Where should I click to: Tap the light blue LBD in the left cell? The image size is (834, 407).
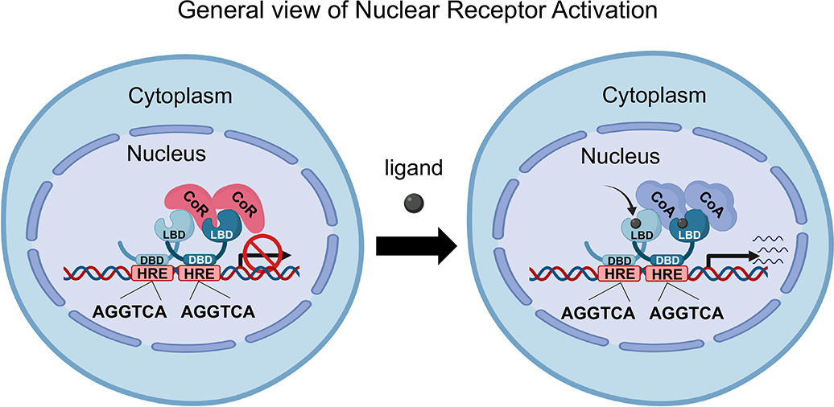click(170, 232)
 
